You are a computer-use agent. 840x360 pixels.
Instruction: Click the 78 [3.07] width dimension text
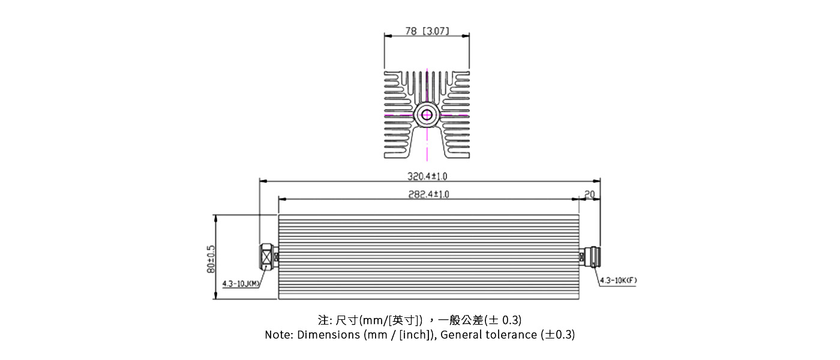pyautogui.click(x=427, y=31)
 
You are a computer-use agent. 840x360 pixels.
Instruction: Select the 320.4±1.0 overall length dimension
pyautogui.click(x=427, y=176)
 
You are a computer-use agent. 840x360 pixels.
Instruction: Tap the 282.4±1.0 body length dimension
pyautogui.click(x=428, y=194)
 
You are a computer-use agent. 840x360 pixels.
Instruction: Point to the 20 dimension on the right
pyautogui.click(x=589, y=194)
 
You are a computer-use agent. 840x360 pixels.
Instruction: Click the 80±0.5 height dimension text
pyautogui.click(x=211, y=258)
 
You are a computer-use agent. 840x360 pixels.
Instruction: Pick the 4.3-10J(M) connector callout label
pyautogui.click(x=240, y=284)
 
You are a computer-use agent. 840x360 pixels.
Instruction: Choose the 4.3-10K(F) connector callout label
pyautogui.click(x=618, y=280)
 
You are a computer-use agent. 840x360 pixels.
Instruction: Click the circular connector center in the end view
pyautogui.click(x=427, y=114)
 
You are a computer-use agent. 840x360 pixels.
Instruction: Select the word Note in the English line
pyautogui.click(x=278, y=335)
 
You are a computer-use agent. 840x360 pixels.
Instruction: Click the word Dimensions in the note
pyautogui.click(x=329, y=335)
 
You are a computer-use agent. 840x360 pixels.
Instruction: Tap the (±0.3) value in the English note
pyautogui.click(x=557, y=335)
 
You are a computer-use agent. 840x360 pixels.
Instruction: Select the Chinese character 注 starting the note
pyautogui.click(x=322, y=320)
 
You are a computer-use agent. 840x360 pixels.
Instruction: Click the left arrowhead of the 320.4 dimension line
pyautogui.click(x=262, y=181)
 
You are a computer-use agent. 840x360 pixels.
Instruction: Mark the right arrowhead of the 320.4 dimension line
pyautogui.click(x=598, y=181)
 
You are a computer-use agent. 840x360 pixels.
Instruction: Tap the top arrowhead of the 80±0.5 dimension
pyautogui.click(x=215, y=217)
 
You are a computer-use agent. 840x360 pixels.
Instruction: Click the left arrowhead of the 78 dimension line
pyautogui.click(x=387, y=35)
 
